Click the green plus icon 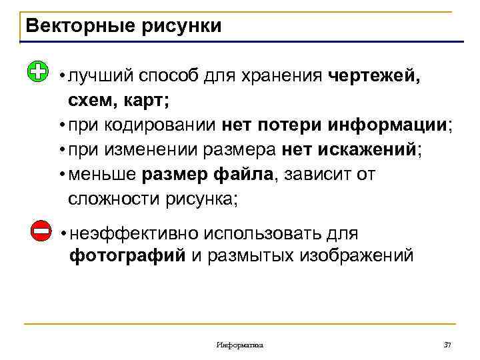(39, 71)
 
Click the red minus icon (41, 231)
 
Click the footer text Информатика (240, 345)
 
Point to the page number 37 (447, 345)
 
